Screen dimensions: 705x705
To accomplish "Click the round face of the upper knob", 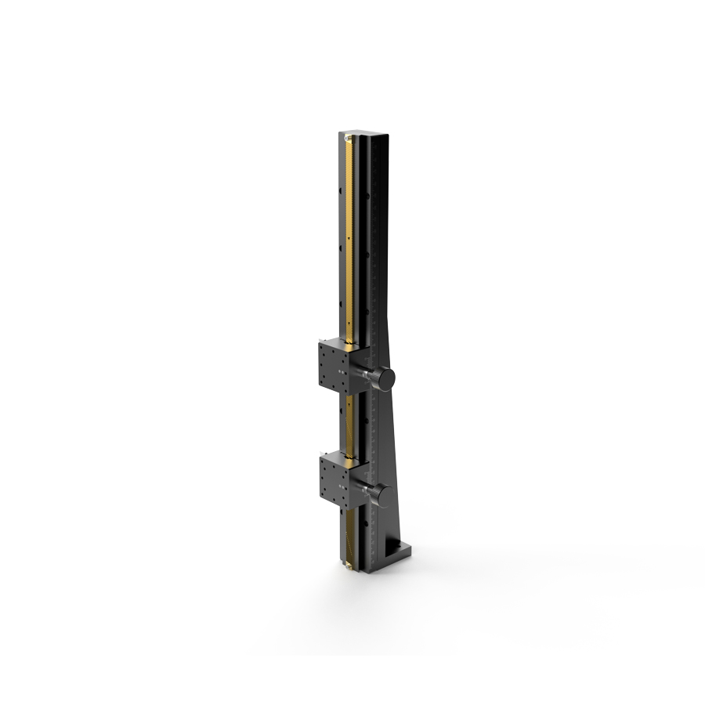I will click(x=386, y=380).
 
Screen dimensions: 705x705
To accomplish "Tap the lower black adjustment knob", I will click(x=385, y=495).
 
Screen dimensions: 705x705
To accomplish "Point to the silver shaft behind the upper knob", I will click(x=367, y=378).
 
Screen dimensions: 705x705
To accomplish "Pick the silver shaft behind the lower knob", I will click(x=366, y=493).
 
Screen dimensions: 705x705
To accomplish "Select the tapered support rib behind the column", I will click(x=396, y=439).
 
